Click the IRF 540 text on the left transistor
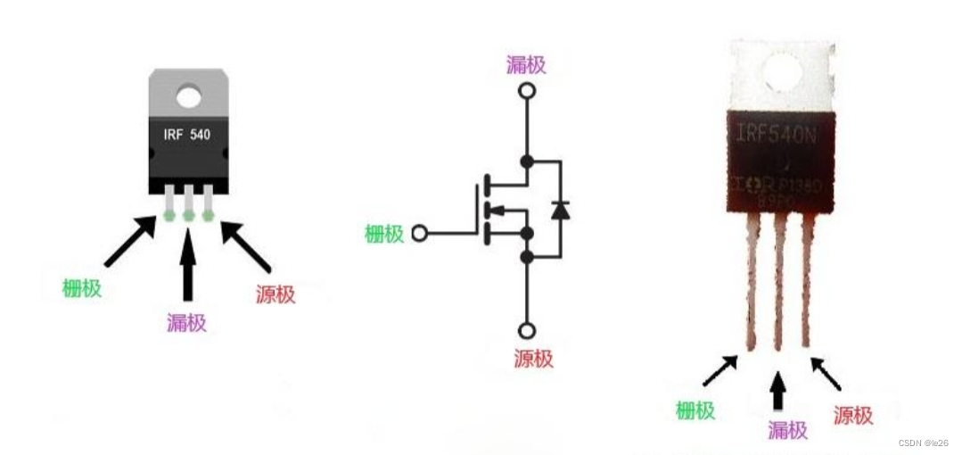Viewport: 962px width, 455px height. [187, 135]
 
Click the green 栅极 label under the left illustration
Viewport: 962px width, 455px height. [81, 288]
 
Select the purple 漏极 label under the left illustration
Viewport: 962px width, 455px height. [186, 322]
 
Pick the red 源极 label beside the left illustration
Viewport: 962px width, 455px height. [275, 294]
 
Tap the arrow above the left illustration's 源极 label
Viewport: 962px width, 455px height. [245, 245]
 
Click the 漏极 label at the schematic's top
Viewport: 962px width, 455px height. [526, 64]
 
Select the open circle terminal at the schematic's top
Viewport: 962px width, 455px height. [527, 91]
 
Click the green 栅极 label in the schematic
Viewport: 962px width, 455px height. [384, 234]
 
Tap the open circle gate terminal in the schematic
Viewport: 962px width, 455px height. [421, 234]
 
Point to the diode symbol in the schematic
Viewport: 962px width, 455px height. [561, 211]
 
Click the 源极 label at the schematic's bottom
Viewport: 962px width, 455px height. [533, 359]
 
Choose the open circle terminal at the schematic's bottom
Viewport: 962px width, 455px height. [527, 331]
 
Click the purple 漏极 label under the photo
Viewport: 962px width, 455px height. [788, 429]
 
